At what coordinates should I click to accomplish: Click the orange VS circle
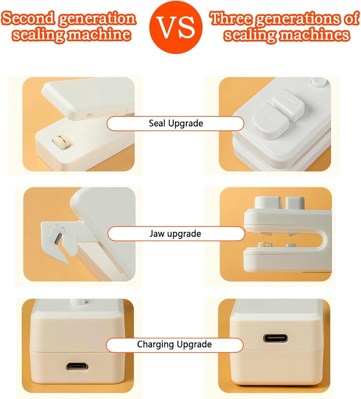point(176,27)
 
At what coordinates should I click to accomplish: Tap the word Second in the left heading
point(28,18)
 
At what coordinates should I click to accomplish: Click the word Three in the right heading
point(231,18)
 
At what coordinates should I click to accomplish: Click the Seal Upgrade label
point(176,123)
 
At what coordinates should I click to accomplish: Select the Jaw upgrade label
point(176,233)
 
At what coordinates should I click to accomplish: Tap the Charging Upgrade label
point(175,344)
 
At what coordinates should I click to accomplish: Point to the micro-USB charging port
point(77,366)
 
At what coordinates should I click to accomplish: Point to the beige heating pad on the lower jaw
point(265,244)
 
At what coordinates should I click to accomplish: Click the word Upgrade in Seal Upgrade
point(185,124)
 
